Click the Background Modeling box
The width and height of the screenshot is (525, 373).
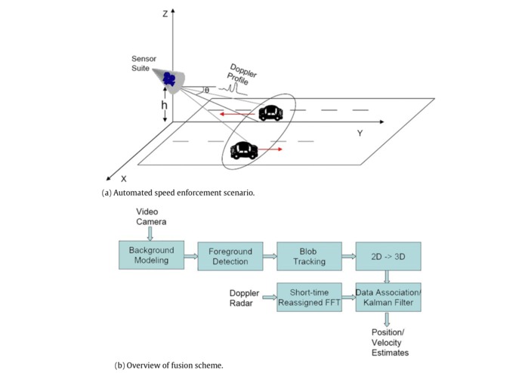(x=151, y=255)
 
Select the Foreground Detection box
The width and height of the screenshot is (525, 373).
(x=230, y=256)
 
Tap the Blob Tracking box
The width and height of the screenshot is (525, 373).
(x=310, y=256)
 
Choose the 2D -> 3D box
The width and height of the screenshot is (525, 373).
(x=388, y=256)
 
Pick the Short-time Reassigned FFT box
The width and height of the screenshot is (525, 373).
(x=310, y=297)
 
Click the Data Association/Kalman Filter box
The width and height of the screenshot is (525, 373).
(x=388, y=297)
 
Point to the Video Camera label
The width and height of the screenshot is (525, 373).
(x=151, y=217)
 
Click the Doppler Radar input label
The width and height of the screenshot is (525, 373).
(x=244, y=298)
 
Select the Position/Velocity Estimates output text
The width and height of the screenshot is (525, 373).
(x=390, y=343)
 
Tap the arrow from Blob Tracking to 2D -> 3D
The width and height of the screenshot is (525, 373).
(x=349, y=257)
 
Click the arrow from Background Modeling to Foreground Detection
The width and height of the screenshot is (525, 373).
(x=191, y=257)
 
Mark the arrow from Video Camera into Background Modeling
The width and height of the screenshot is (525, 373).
(x=150, y=234)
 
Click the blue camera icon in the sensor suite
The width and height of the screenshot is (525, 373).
(x=169, y=79)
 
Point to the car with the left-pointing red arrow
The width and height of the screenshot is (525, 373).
(x=270, y=113)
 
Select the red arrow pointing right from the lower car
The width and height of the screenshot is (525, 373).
(x=270, y=150)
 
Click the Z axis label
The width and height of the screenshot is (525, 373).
(x=165, y=14)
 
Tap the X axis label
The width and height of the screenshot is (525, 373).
(x=124, y=179)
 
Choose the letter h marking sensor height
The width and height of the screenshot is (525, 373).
(x=164, y=105)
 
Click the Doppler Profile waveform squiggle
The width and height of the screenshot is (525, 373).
(x=233, y=88)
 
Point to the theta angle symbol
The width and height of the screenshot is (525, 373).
(x=207, y=91)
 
